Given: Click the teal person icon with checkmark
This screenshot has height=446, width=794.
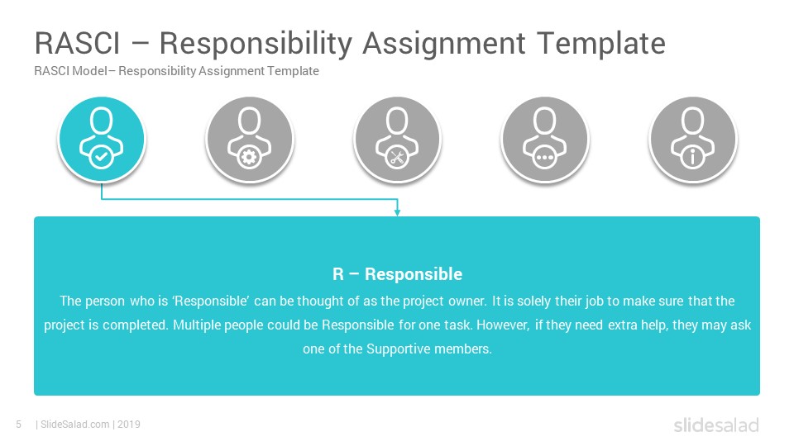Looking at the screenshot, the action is point(102,139).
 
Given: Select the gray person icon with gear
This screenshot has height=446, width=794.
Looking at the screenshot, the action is point(250,139).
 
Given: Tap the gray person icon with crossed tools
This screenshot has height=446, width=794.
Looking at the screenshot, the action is point(397,139).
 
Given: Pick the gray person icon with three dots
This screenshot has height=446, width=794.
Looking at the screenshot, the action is point(545,139).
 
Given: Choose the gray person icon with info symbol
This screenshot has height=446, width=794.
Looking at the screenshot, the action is point(693,139).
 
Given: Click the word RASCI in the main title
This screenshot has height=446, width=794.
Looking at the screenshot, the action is point(78,43).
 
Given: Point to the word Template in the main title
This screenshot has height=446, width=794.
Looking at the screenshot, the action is point(601,44).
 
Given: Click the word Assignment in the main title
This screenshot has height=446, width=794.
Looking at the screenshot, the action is point(444,45).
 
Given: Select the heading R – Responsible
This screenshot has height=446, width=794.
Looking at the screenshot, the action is point(398,274).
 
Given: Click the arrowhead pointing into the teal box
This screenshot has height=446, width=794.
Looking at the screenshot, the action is point(398,211).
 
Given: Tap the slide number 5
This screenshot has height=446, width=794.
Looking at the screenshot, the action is point(19,425).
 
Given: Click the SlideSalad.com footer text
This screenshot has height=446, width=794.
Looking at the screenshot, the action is point(75,425).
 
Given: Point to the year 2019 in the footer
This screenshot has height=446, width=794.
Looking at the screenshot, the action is point(129,425).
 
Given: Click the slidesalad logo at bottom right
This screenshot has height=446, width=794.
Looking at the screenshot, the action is point(716,425).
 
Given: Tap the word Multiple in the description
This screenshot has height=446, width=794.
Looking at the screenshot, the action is point(197,325).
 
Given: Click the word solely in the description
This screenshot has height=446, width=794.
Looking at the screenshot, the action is point(534,301).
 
